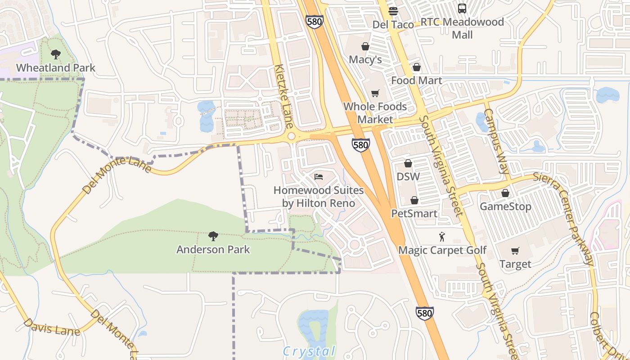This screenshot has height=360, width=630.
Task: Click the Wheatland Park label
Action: pos(56,68)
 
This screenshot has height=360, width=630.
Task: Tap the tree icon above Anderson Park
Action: pos(213,236)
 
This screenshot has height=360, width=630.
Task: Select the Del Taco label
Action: pos(393,25)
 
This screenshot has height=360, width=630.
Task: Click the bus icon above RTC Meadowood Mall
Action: pos(462,9)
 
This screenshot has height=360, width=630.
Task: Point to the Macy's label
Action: pos(365,59)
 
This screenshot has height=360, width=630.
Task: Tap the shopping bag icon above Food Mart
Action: pos(417,67)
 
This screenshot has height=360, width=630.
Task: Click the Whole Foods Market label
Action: pos(375,113)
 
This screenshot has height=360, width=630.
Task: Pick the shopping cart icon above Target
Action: pos(515,251)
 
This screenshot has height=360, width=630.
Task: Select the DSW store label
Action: pos(408,176)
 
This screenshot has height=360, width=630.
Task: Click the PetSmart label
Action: pos(414,213)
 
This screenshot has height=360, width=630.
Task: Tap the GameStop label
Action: pos(505,207)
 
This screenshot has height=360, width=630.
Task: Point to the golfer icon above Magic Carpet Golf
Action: pos(442,236)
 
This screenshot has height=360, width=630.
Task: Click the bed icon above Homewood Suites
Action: pos(319,176)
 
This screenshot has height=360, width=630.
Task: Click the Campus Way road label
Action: pos(497,140)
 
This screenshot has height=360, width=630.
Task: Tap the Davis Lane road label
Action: pos(51,327)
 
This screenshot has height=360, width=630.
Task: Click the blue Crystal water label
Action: pos(310,351)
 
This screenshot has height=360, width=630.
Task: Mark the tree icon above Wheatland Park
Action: pos(56,54)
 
